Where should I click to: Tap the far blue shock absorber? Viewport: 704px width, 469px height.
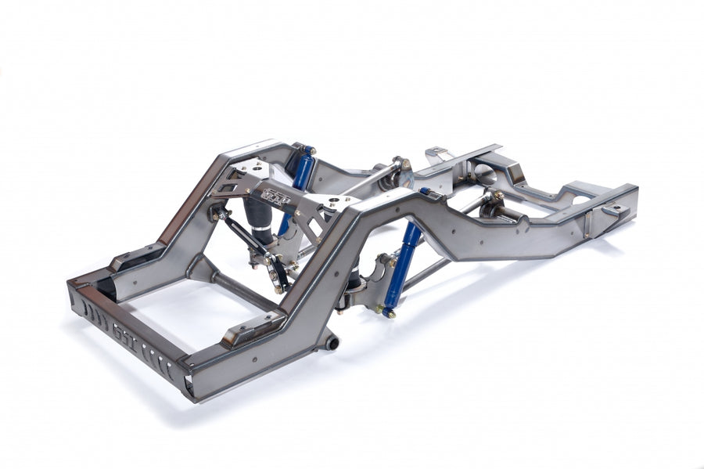[x=301, y=173]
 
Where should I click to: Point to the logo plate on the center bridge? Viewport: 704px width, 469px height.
[x=276, y=196]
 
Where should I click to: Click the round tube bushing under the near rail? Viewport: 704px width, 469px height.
[x=332, y=342]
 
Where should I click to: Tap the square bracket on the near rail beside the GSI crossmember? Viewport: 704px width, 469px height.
[x=246, y=333]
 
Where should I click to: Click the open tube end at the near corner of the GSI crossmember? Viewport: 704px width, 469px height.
[x=190, y=385]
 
